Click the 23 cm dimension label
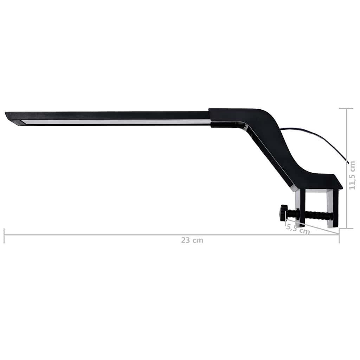coord(192,241)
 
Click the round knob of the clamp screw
coord(283,213)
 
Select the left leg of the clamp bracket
coord(300,207)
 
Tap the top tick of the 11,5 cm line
coord(346,109)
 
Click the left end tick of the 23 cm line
coord(4,235)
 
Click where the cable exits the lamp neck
coord(281,129)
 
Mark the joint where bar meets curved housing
coord(210,116)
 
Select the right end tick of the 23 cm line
coord(339,235)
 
